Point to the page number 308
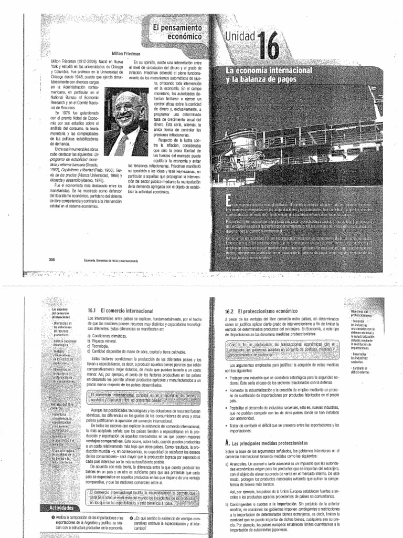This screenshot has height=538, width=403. (51, 259)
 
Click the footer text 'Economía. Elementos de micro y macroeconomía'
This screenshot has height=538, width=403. (109, 260)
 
